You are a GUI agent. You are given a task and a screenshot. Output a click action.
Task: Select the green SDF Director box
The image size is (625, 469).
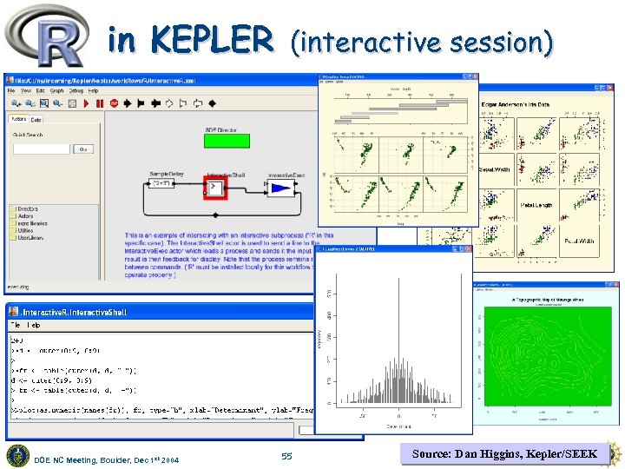(227, 140)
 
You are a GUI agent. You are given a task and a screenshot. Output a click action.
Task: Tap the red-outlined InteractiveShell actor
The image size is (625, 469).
(214, 188)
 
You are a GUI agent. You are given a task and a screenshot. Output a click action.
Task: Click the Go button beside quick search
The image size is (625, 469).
(84, 149)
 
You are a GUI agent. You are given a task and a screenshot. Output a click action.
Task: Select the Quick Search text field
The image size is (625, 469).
(41, 149)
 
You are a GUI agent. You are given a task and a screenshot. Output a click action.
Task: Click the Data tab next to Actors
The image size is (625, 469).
(36, 119)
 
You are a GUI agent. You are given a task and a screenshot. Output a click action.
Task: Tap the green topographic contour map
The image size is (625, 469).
(545, 360)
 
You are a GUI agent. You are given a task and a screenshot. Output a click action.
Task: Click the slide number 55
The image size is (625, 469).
(287, 455)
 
